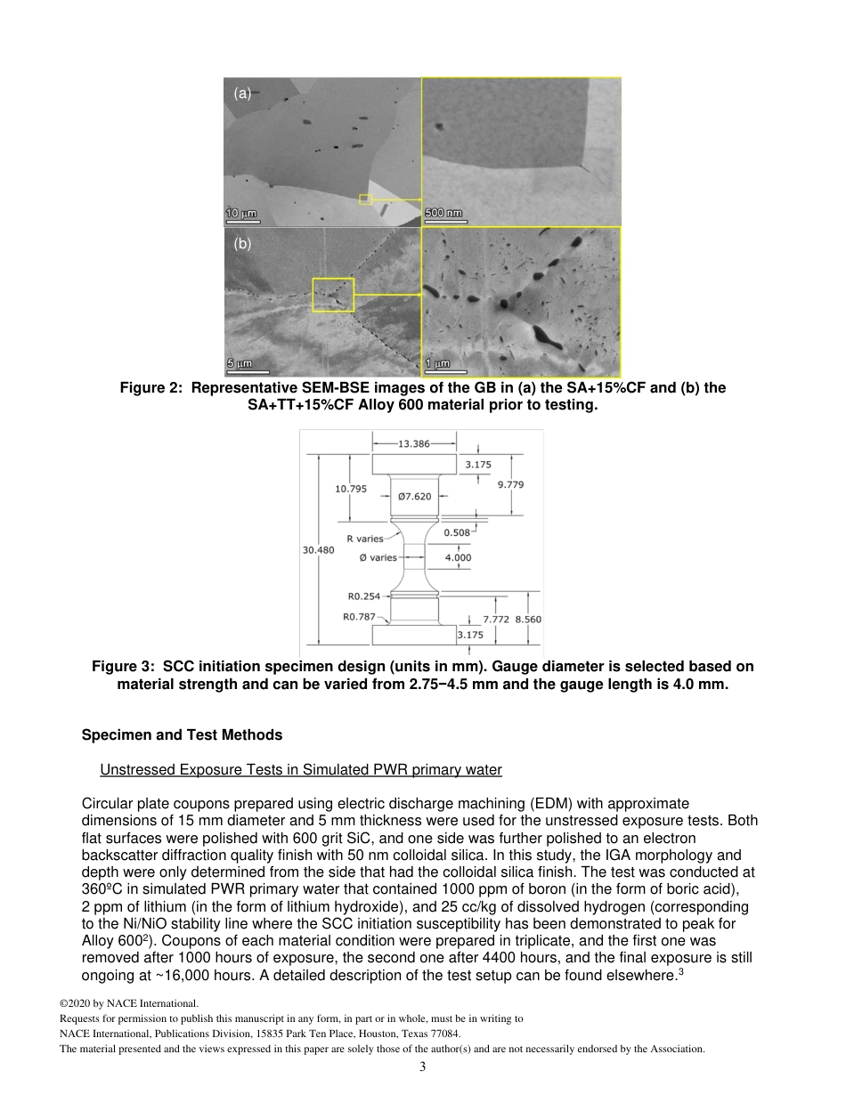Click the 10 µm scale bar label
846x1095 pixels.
(240, 214)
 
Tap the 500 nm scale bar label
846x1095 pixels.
(443, 214)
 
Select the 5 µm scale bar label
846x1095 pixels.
(238, 363)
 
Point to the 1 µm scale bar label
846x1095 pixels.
(436, 363)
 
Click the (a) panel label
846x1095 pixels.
(242, 93)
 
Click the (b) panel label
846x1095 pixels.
(242, 243)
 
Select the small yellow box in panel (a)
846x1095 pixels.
(365, 199)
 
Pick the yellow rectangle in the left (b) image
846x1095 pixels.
(333, 295)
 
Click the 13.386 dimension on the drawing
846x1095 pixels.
(414, 443)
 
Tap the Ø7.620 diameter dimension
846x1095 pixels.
(414, 496)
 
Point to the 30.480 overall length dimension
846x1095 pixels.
(318, 550)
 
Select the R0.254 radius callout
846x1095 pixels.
(363, 596)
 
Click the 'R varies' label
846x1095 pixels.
(365, 539)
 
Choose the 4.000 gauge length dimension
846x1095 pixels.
(458, 558)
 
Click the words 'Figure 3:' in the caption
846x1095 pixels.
(124, 667)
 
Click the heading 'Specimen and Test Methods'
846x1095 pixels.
(182, 735)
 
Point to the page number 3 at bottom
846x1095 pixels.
(422, 1067)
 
